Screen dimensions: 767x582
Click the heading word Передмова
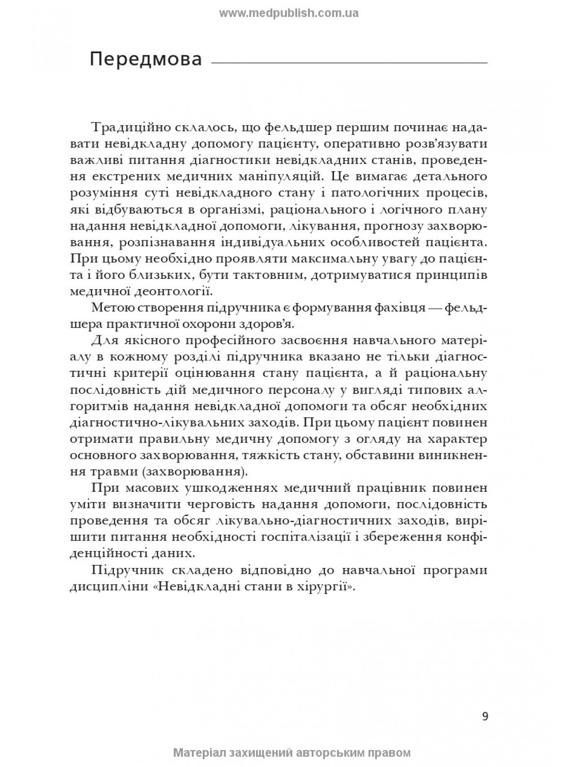pos(146,59)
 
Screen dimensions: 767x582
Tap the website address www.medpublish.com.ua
pos(289,13)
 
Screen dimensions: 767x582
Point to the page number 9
pos(485,703)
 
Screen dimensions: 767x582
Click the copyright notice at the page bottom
pos(291,753)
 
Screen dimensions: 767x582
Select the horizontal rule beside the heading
pos(349,63)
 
